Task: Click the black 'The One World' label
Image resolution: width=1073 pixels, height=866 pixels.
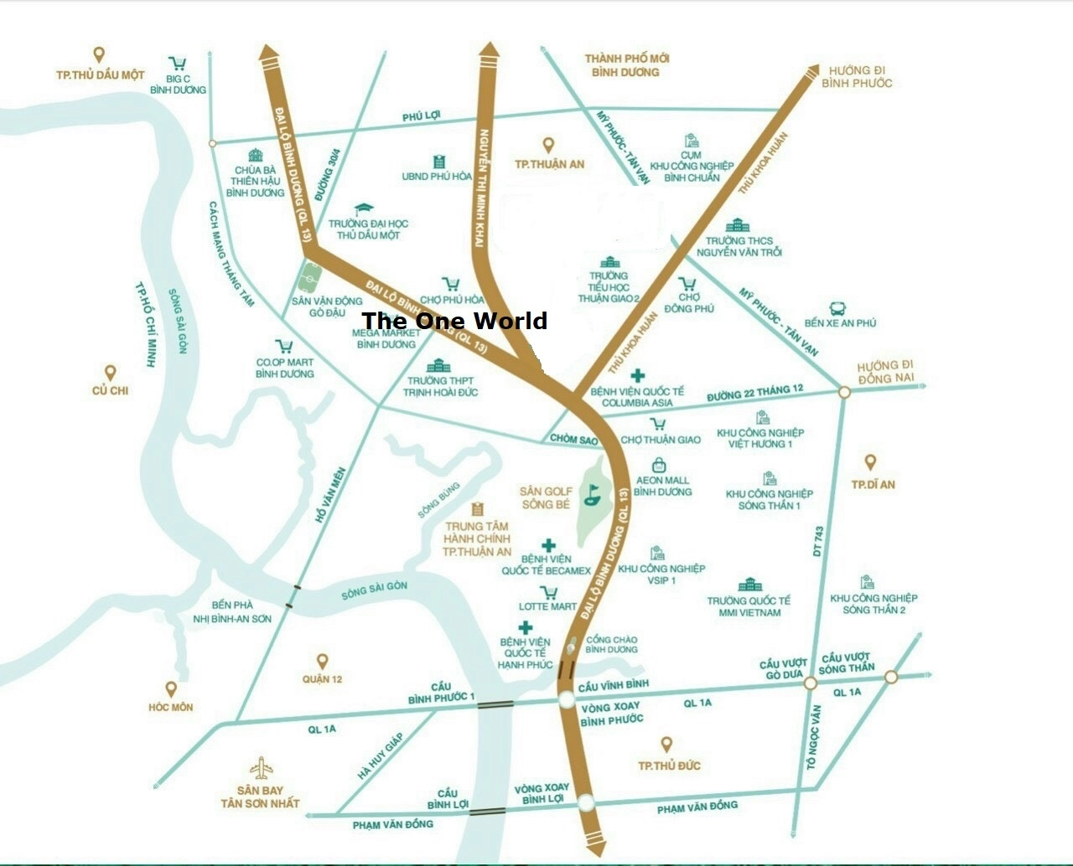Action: point(454,321)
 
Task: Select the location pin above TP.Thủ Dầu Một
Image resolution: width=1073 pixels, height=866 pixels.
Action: point(100,55)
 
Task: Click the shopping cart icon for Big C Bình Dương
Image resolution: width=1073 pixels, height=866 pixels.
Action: point(178,64)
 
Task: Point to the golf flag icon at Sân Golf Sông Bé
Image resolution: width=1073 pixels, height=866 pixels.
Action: point(592,493)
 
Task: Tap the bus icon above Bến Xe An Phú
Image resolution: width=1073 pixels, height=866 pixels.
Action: point(837,308)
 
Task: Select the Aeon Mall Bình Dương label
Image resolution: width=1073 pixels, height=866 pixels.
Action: point(662,486)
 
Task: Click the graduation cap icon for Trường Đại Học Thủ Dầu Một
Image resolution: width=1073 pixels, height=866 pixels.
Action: point(364,209)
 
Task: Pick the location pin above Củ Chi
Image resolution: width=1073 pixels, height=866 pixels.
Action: point(110,373)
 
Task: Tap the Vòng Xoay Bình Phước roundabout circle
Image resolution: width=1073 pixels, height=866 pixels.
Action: point(566,700)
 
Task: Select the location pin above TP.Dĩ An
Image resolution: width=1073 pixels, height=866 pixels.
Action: point(870,462)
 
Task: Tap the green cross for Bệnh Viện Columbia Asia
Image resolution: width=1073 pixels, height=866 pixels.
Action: point(639,375)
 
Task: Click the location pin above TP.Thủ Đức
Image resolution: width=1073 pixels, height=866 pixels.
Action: point(667,744)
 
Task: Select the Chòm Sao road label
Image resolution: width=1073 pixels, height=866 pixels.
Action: point(573,439)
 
